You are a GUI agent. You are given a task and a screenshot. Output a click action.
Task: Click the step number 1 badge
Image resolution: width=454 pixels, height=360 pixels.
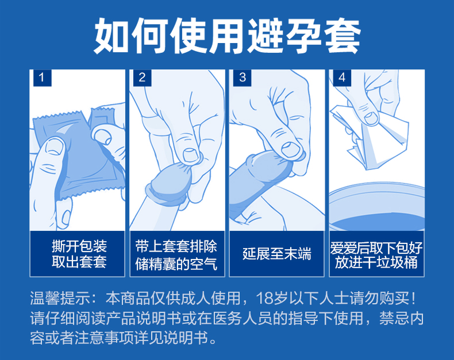pos(43,78)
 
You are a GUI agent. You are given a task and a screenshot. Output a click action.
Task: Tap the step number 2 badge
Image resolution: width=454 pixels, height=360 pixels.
pos(142,78)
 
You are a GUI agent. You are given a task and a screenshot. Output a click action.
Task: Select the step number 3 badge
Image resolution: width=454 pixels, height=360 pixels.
pos(243,78)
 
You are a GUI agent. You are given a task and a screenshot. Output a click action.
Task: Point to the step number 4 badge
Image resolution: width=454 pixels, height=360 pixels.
pos(342,78)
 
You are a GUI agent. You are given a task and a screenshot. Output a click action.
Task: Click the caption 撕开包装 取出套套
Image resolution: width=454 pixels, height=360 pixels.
pos(79,254)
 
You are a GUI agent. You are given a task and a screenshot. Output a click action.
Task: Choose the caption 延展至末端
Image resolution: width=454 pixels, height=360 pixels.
pos(277,254)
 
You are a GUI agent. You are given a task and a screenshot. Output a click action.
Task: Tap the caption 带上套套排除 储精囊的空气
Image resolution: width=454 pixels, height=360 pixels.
pos(176,255)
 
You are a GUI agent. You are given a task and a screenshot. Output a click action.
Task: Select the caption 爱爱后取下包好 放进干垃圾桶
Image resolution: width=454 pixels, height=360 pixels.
pos(376,255)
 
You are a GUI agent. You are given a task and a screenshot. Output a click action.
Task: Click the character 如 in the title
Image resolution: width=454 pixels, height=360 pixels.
pos(111,35)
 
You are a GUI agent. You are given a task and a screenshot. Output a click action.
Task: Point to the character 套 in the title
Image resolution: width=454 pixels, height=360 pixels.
pos(343,35)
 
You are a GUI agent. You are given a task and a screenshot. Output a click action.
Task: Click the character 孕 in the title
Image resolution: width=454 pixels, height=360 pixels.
pos(304,35)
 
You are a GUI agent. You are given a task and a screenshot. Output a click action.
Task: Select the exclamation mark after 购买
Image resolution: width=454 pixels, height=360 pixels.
pos(413,299)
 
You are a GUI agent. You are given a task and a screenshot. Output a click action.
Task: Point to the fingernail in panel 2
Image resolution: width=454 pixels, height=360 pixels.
pos(191,155)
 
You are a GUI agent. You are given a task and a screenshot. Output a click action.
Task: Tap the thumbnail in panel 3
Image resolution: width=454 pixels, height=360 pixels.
pos(290,150)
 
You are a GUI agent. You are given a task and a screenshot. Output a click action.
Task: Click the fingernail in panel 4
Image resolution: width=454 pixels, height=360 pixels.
pos(371,118)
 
